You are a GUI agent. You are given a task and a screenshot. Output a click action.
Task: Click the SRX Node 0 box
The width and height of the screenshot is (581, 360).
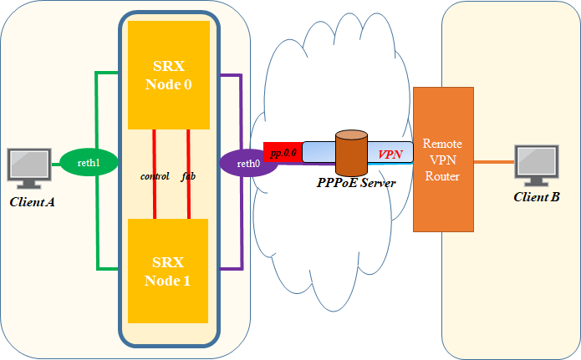pos(168,75)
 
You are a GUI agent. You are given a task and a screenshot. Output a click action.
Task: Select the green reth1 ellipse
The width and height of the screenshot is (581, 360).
pos(89,163)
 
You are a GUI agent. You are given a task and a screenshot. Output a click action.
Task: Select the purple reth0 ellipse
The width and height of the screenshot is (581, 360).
pos(248,163)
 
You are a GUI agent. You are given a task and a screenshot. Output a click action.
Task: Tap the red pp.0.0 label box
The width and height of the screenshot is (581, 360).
pos(283,152)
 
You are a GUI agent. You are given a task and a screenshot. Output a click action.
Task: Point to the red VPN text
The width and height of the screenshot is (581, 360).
pos(390,155)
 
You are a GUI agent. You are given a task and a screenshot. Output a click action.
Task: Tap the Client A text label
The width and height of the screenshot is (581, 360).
pos(33,202)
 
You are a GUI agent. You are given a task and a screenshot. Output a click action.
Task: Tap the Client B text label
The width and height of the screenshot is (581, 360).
pos(537,197)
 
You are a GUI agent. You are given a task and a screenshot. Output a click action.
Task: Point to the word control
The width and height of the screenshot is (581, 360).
pos(155,176)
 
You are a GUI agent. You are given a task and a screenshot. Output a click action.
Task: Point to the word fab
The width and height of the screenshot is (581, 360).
pos(188,176)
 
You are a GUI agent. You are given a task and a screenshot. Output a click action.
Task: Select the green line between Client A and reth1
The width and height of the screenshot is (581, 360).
pos(56,164)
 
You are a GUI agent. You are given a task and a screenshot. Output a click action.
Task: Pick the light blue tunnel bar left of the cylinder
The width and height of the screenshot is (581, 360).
pos(318,152)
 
